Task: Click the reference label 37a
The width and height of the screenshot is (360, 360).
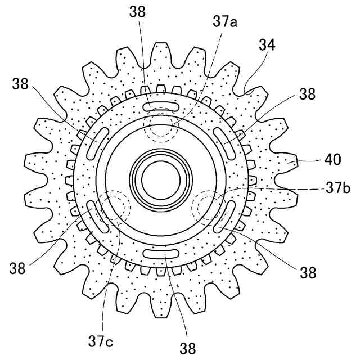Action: click(x=225, y=22)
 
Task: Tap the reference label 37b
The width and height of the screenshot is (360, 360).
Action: click(x=338, y=188)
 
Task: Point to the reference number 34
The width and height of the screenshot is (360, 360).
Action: click(x=267, y=45)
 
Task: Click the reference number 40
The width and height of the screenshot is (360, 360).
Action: click(x=332, y=159)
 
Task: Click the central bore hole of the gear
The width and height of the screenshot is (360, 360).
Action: click(x=161, y=180)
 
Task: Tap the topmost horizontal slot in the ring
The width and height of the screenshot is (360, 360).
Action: click(x=161, y=106)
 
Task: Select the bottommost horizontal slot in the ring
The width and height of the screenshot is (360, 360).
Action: click(x=161, y=254)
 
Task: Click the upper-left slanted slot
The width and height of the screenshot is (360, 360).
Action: click(x=97, y=143)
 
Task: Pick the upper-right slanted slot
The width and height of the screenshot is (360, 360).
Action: click(x=224, y=143)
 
